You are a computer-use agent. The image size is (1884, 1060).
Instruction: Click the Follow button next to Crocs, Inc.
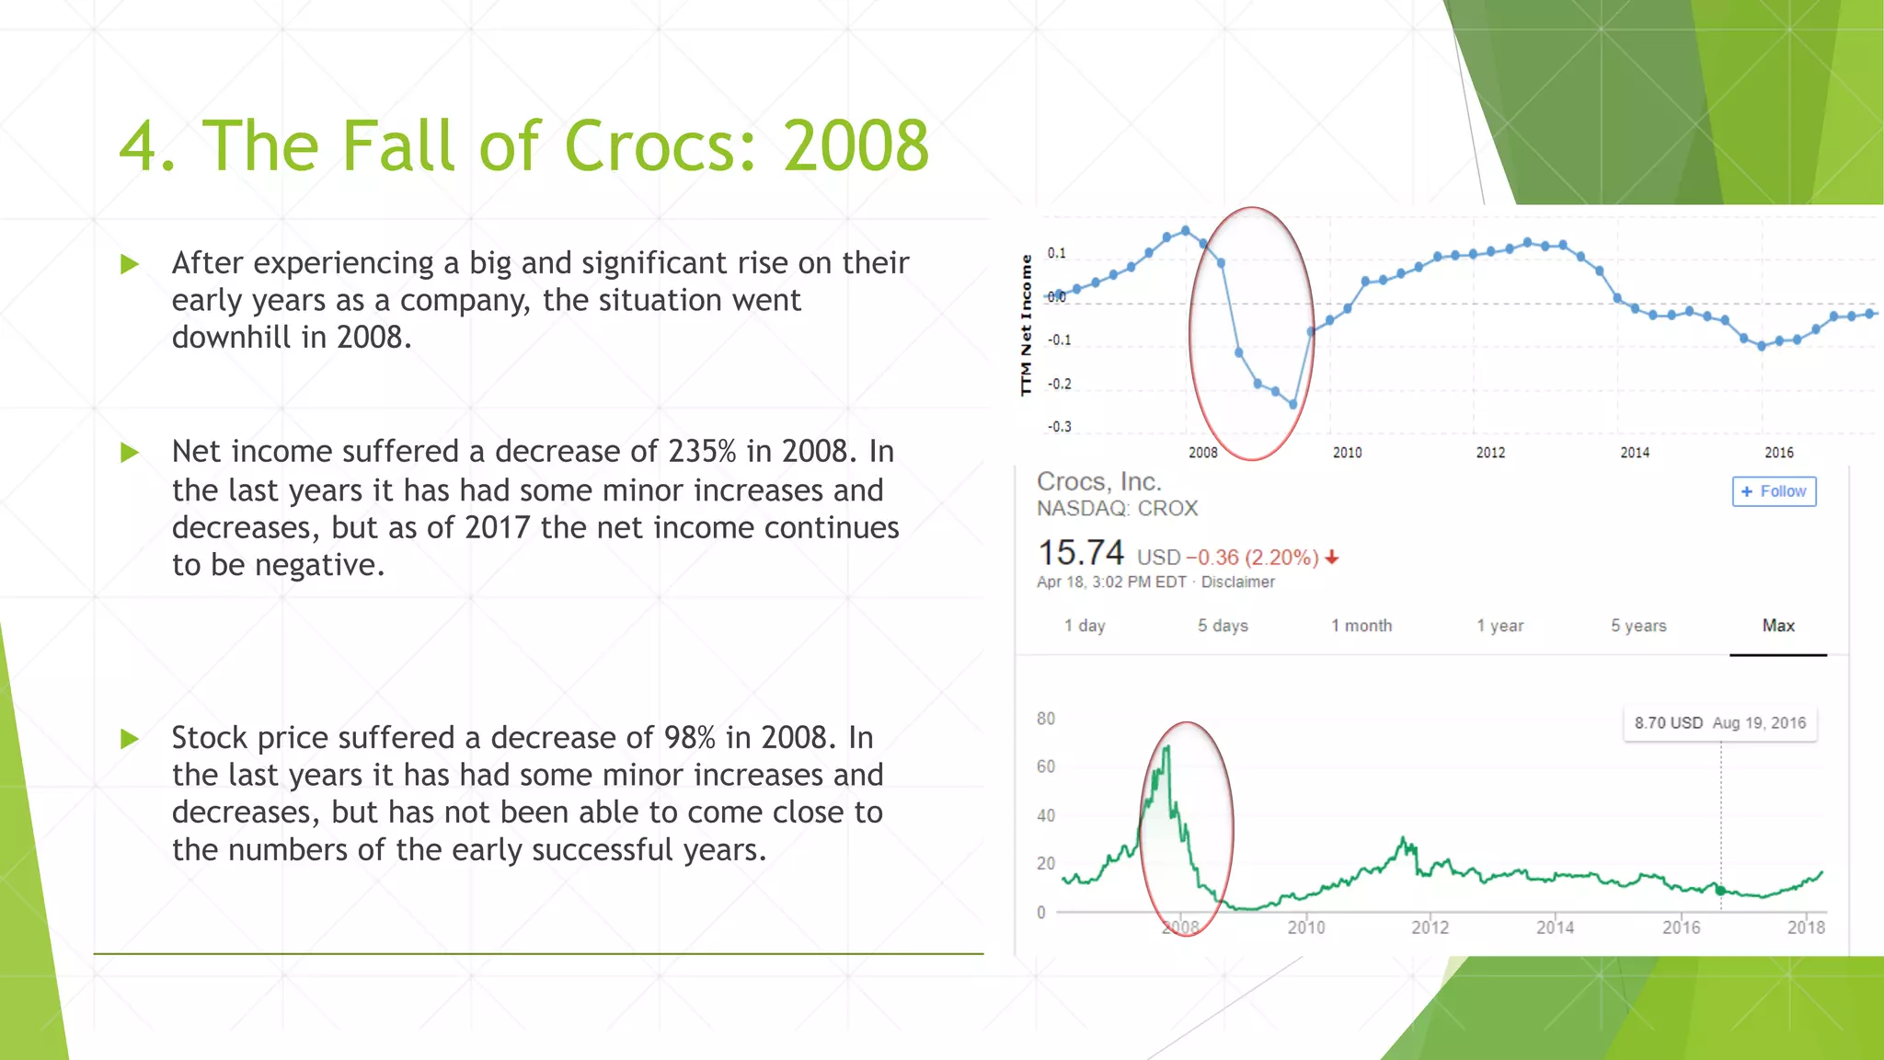[x=1774, y=491]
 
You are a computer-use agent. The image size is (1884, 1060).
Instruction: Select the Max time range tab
[x=1777, y=626]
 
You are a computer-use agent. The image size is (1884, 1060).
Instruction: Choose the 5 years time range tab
[x=1637, y=626]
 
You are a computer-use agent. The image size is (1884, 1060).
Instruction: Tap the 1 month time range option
[x=1361, y=626]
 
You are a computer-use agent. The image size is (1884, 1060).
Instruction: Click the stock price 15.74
[x=1080, y=553]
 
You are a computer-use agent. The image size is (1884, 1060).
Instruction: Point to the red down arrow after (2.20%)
[x=1332, y=558]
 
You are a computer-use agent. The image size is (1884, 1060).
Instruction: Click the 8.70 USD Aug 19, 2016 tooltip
[x=1719, y=723]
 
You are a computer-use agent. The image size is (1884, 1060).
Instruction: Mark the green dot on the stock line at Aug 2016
[x=1720, y=890]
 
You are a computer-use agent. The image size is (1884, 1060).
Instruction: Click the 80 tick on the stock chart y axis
[x=1046, y=719]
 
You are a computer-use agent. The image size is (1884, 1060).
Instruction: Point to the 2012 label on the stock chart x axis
[x=1430, y=927]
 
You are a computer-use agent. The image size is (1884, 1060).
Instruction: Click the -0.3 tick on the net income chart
[x=1059, y=427]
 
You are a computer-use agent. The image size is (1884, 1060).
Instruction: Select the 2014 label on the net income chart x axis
[x=1634, y=453]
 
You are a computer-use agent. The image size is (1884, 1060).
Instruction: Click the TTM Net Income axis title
[x=1026, y=326]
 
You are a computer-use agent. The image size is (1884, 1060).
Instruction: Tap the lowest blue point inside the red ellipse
[x=1293, y=404]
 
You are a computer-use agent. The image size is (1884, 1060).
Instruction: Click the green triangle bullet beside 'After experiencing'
[x=130, y=265]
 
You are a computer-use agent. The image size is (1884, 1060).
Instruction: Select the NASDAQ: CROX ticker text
[x=1117, y=509]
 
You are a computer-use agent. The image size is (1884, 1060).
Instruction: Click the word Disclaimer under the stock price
[x=1237, y=582]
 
